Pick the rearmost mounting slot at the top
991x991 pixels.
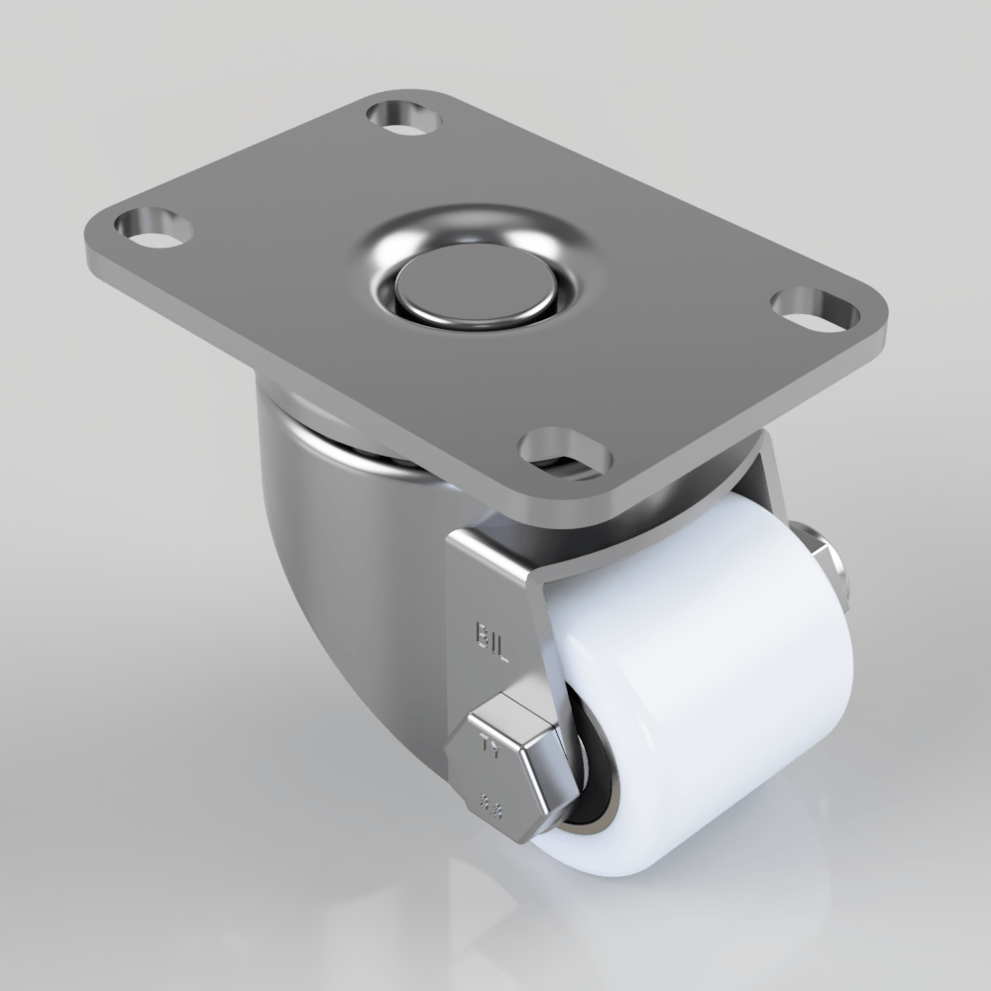tap(404, 115)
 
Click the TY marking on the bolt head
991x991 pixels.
tap(486, 747)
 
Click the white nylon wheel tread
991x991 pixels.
tap(714, 694)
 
